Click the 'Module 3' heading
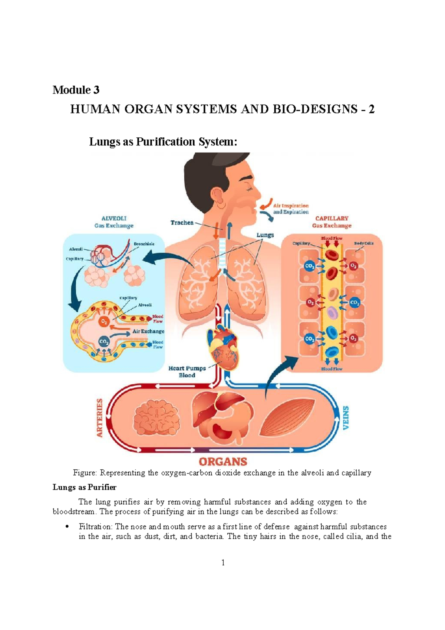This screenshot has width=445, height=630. (x=76, y=90)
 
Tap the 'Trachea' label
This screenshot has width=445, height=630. (x=182, y=223)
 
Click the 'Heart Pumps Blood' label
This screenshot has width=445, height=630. (x=187, y=372)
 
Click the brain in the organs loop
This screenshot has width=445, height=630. (x=156, y=417)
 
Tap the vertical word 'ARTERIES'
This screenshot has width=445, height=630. (x=99, y=418)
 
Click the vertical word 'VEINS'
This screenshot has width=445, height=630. (x=346, y=418)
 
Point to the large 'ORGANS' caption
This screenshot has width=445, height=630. (x=223, y=462)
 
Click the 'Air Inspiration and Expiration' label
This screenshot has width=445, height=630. (x=291, y=209)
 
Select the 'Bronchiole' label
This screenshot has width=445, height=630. (x=144, y=244)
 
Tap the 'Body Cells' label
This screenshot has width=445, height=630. (x=363, y=243)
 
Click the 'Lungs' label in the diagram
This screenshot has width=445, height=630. (x=265, y=235)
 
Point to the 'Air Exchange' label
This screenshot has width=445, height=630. (x=148, y=331)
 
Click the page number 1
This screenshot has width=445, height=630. (x=223, y=562)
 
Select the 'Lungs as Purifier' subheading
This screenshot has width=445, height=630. (x=85, y=487)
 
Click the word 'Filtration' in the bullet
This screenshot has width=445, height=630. (x=95, y=526)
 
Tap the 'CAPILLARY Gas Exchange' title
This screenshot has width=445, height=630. (x=332, y=222)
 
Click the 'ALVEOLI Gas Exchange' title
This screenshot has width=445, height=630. (x=114, y=222)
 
